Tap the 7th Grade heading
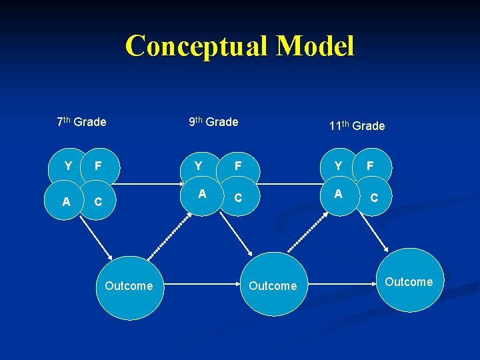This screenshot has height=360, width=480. coord(81,122)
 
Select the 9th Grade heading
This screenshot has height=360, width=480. coord(213,122)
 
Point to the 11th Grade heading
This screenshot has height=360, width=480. coord(357,126)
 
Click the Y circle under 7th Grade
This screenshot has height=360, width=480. coord(68,165)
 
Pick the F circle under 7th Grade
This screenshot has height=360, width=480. coord(98,165)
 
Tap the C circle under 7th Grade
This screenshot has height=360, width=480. coord(98,201)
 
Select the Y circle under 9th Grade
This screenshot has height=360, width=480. coord(198,165)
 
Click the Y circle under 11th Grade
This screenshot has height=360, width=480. coord(338,165)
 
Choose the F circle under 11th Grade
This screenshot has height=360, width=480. coord(370,165)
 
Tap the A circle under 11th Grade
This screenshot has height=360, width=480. coord(338,194)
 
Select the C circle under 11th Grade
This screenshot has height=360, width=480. coord(374,198)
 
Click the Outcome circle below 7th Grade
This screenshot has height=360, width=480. coord(129,286)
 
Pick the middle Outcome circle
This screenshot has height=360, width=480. coord(273,286)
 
